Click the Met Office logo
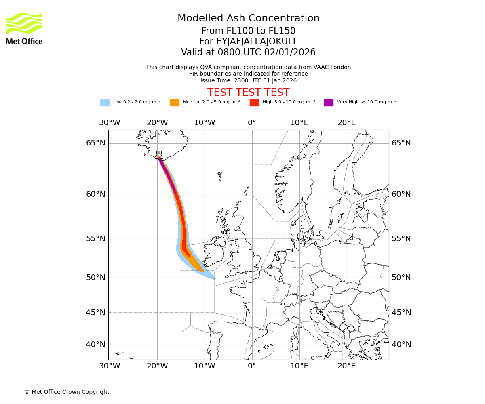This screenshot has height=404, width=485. pos(24,28)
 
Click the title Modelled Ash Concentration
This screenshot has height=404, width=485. pos(248,18)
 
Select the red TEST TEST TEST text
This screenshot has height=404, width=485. pos(248,93)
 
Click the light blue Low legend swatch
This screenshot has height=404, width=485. pos(105,103)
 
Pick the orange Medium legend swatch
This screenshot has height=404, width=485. pos(175,103)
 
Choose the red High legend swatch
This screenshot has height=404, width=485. pos(254,103)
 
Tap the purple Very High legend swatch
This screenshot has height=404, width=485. pos(329,103)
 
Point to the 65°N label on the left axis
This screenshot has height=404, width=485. pos(95,143)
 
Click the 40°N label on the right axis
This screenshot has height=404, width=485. pos(401,345)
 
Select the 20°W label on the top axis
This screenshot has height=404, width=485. pos(157,123)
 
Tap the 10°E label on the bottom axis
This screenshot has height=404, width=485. pos(299,366)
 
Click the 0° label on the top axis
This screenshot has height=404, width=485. pos(252,123)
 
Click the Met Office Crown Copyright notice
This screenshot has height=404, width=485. pos(67,392)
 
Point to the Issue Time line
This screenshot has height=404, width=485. pos(248,80)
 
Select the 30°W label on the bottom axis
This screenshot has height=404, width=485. pos(110,366)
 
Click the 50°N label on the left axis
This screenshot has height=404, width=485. pos(95,278)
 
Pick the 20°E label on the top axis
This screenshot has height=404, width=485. pos(347,123)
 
